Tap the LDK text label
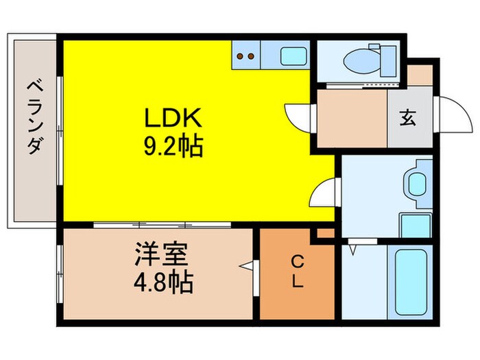tap(172, 119)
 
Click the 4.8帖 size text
tap(163, 281)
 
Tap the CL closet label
tap(298, 272)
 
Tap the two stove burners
tap(246, 56)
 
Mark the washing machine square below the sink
tap(414, 224)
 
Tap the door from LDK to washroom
tap(324, 191)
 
